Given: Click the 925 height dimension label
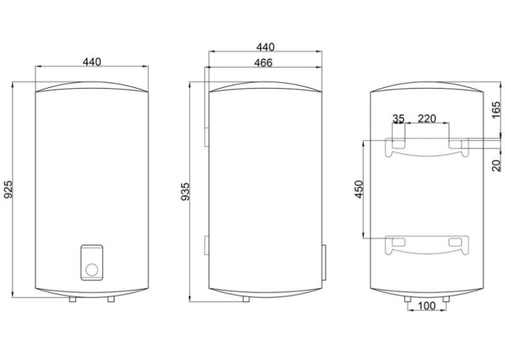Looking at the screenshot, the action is click(x=9, y=189).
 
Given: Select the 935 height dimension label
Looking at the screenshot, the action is click(x=185, y=192).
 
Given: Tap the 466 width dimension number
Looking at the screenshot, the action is click(x=263, y=63).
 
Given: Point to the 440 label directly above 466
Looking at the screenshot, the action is click(x=265, y=47).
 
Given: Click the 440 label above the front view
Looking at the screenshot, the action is click(x=92, y=61).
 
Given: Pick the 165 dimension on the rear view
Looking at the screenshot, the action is click(x=496, y=110).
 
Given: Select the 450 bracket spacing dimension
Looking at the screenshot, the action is click(x=359, y=189).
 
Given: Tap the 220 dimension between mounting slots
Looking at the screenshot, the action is click(x=426, y=119).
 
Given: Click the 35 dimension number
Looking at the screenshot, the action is click(x=399, y=119).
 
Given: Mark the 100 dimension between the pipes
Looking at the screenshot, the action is click(x=426, y=306).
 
